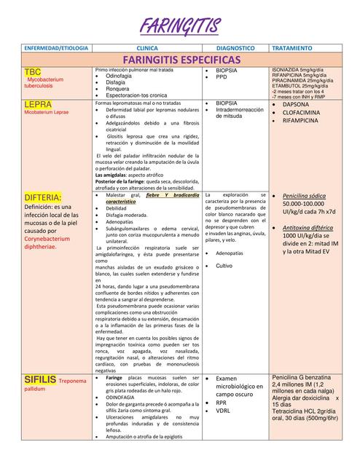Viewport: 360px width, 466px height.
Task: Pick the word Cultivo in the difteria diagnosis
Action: tap(224, 266)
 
